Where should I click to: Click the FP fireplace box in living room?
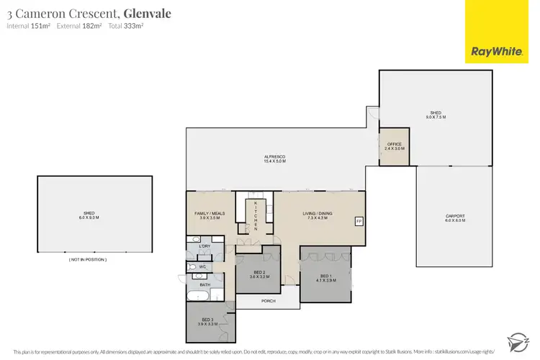point(359,221)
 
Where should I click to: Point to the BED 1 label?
point(325,276)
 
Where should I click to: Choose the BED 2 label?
point(258,272)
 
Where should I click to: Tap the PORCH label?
point(269,301)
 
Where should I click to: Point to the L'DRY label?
point(204,248)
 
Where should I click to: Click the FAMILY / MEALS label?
point(210,214)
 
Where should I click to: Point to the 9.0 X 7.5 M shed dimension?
point(436,117)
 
